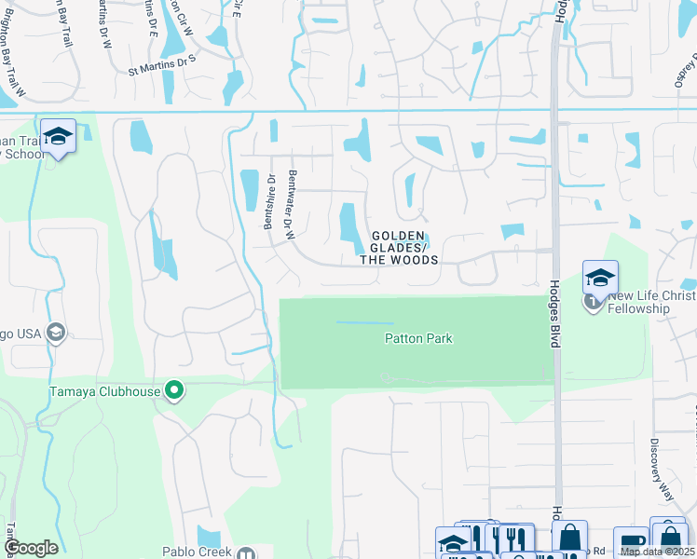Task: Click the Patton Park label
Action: tap(418, 338)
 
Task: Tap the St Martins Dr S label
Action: tap(162, 63)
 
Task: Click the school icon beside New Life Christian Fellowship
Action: tap(600, 277)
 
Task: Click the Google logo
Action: tap(31, 548)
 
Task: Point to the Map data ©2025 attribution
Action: tap(657, 552)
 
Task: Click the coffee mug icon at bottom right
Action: tap(630, 542)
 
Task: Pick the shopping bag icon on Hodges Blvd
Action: tap(569, 538)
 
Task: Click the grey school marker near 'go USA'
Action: tap(55, 333)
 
